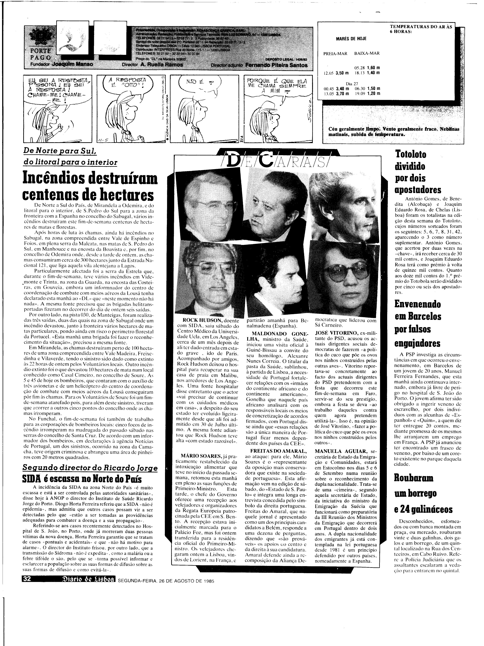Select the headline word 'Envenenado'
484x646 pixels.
click(x=417, y=304)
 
